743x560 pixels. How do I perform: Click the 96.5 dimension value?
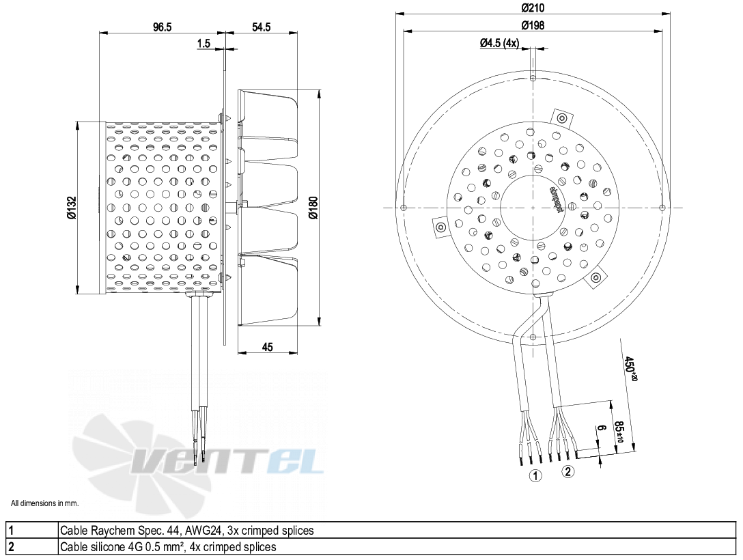162,27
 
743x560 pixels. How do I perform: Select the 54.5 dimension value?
262,27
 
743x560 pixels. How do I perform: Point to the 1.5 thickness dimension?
204,44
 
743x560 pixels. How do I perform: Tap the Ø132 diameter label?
72,208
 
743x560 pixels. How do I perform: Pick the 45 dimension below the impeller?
267,347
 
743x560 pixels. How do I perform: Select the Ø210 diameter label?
533,8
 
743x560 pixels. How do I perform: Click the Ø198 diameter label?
533,26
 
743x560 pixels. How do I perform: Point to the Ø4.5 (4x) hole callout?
501,43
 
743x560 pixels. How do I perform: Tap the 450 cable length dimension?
631,368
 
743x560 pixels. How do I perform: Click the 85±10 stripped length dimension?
620,432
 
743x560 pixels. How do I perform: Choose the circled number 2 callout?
568,471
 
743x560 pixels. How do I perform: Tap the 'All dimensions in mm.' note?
45,503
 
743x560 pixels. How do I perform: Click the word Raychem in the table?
104,530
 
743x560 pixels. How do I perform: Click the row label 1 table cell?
31,530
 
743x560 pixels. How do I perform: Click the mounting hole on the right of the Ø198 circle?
663,208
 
